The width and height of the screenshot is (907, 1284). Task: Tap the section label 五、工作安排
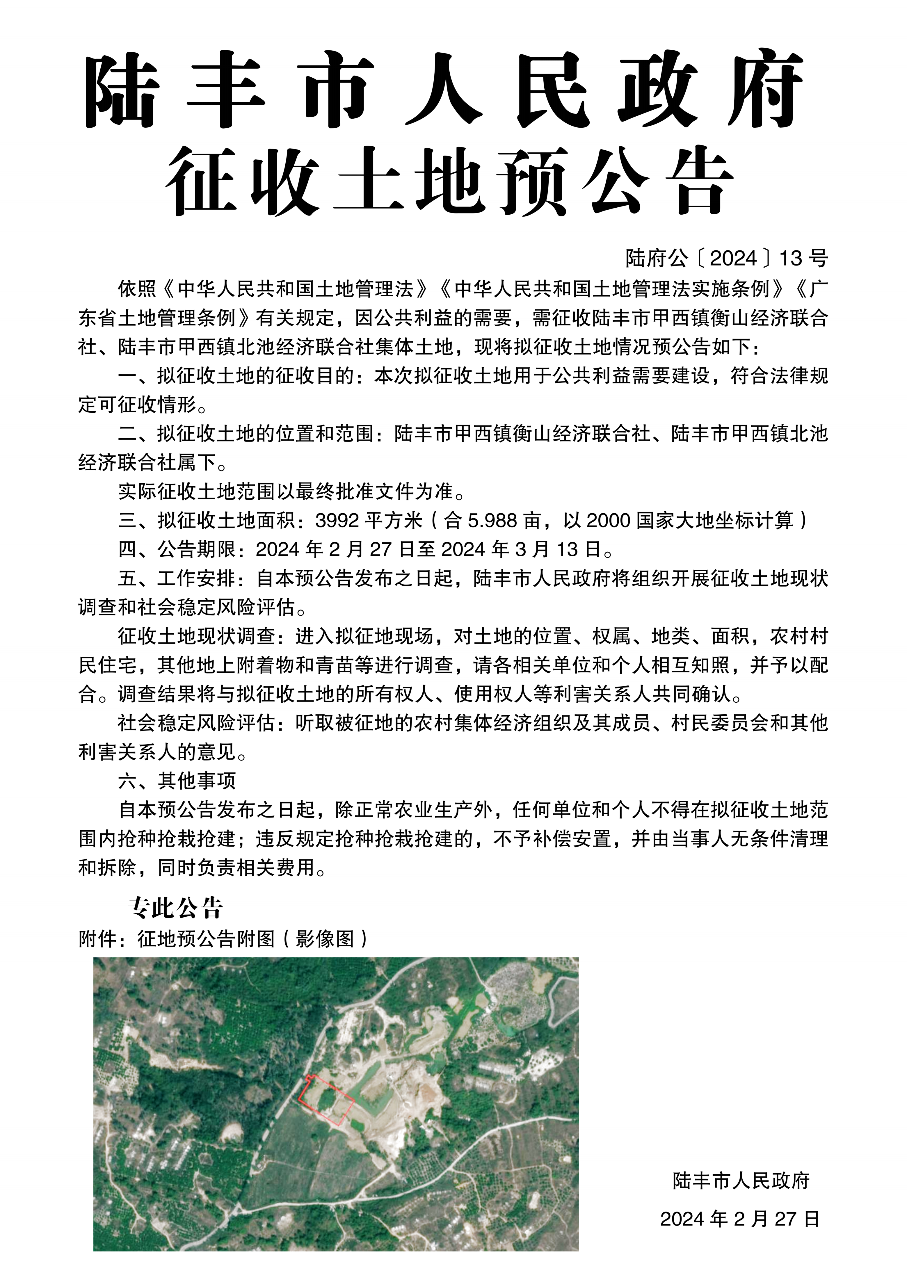point(177,578)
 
